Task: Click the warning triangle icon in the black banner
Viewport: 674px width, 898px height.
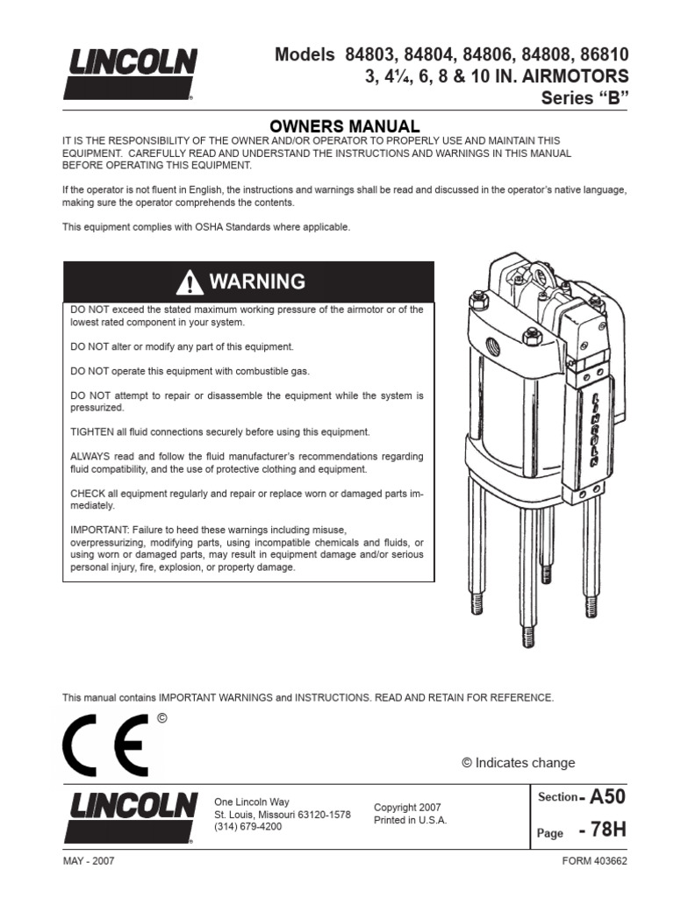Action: point(189,282)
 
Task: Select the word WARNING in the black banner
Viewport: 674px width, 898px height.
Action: point(257,282)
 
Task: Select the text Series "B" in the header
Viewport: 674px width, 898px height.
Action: point(585,97)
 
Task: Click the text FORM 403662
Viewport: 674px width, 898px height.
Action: point(596,861)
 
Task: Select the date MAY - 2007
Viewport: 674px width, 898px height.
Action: point(88,861)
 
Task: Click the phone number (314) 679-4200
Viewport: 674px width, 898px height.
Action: point(248,826)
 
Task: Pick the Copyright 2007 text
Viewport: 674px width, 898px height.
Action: point(407,808)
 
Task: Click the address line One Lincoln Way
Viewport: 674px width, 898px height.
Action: point(252,802)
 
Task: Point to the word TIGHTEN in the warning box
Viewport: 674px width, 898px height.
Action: point(90,432)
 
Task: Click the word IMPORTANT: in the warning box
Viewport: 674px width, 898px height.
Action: point(97,531)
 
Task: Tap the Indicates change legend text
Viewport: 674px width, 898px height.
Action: point(525,763)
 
